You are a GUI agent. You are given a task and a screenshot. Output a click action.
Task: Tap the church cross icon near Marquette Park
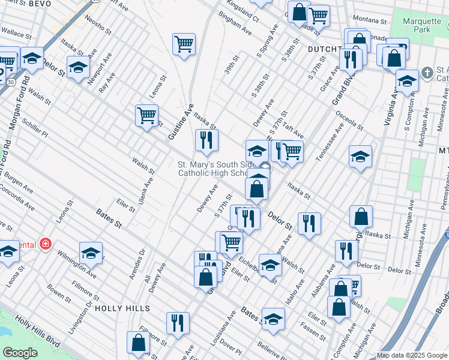pos(427,73)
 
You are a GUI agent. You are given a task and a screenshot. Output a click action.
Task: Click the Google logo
pos(20,353)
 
